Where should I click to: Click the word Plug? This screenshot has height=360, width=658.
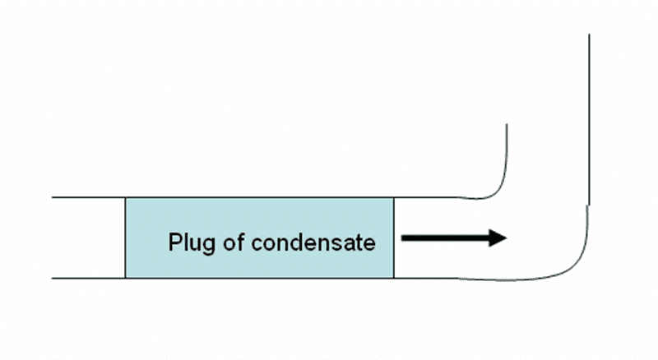188,244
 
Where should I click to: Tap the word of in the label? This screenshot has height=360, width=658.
229,244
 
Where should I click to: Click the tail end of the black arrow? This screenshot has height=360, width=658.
404,238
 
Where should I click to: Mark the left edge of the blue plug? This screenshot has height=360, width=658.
125,238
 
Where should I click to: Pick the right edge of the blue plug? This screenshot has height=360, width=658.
394,238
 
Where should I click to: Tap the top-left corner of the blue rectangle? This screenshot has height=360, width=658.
125,198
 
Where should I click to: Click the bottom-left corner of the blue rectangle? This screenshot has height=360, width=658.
125,278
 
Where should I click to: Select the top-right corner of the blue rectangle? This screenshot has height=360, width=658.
394,198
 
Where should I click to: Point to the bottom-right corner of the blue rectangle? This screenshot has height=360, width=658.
394,278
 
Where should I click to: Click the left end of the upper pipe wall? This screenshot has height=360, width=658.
53,198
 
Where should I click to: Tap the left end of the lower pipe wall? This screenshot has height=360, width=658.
53,278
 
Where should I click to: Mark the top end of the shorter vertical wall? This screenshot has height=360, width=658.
507,124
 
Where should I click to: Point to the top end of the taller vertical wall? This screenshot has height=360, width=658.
590,35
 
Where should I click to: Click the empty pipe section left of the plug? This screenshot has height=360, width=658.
89,238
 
